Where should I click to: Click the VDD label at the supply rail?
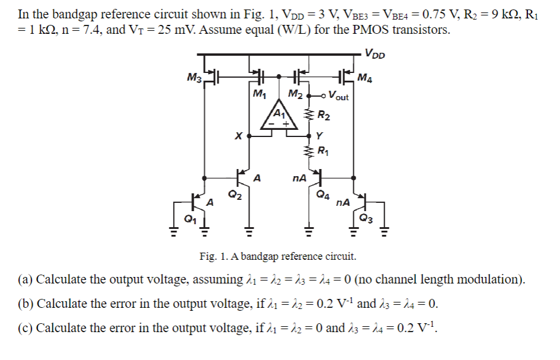[375, 55]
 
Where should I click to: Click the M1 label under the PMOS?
[259, 94]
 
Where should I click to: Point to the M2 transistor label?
[295, 94]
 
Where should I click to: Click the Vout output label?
[338, 95]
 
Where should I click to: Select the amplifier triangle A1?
[279, 115]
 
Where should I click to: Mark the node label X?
[238, 136]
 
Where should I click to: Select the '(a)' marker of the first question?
[25, 279]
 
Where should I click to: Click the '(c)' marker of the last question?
[25, 328]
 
